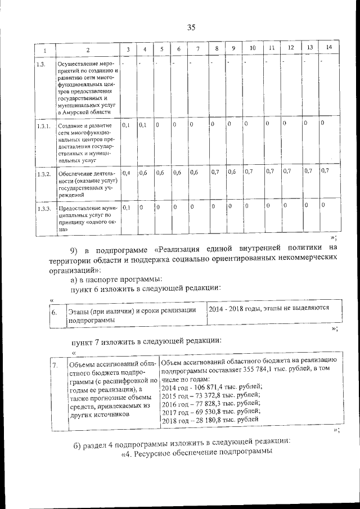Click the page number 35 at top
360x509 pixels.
pos(191,28)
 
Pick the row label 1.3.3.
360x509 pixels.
pos(43,209)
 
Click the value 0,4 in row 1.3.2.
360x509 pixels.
pos(127,173)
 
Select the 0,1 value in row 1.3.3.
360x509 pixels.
pos(127,208)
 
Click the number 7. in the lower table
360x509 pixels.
pos(55,366)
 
